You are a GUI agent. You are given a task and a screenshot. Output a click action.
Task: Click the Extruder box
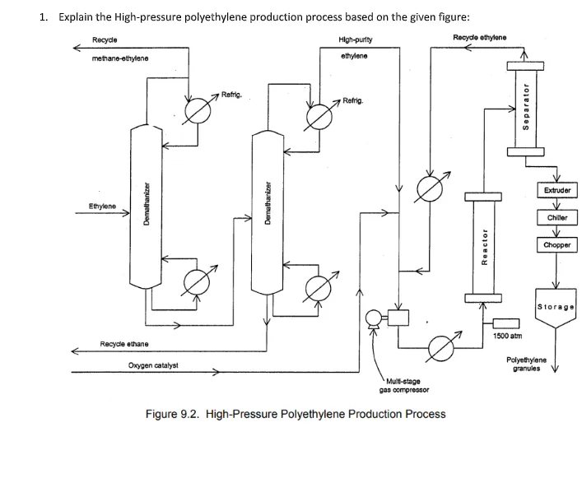557,190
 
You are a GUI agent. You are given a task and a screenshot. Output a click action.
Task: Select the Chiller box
557,218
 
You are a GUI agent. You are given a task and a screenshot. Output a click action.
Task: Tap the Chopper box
557,245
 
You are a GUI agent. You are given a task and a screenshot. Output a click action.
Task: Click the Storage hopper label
556,307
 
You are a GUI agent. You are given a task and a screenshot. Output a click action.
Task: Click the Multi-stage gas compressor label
400,385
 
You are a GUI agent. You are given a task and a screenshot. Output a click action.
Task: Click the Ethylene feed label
103,206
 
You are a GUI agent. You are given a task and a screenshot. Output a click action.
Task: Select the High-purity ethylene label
354,47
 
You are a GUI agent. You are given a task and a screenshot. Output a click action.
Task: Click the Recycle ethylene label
479,37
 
